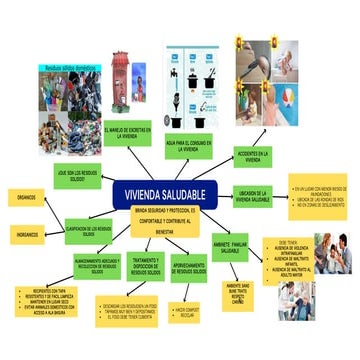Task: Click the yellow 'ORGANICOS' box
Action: (x=26, y=196)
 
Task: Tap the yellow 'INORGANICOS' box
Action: (x=27, y=234)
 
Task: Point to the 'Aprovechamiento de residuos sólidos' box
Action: (x=183, y=267)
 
